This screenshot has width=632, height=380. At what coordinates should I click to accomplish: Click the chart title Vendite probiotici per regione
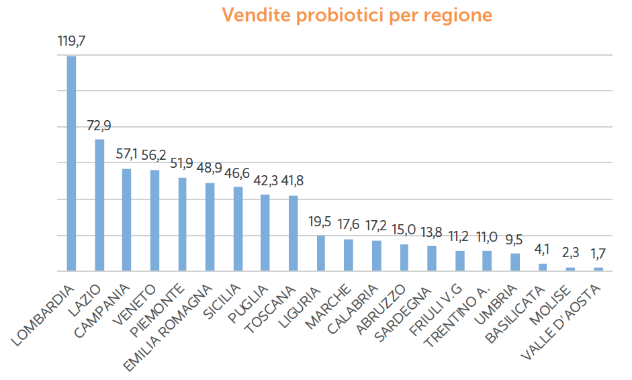357,15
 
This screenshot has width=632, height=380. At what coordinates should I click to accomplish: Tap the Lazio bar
99,205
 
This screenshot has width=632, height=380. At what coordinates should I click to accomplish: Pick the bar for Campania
127,220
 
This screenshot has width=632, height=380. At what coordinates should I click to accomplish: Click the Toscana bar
294,233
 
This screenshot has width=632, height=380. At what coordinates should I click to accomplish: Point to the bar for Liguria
321,253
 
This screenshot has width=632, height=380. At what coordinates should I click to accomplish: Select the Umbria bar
515,262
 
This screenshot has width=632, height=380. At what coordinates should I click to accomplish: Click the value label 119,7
72,42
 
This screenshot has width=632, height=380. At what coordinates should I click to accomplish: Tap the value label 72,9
99,125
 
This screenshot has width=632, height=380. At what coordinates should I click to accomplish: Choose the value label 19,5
321,222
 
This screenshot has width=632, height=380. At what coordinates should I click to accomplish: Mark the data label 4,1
543,250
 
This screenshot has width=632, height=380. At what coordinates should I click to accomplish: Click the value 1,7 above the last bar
598,254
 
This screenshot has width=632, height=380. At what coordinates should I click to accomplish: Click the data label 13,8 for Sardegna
432,232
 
